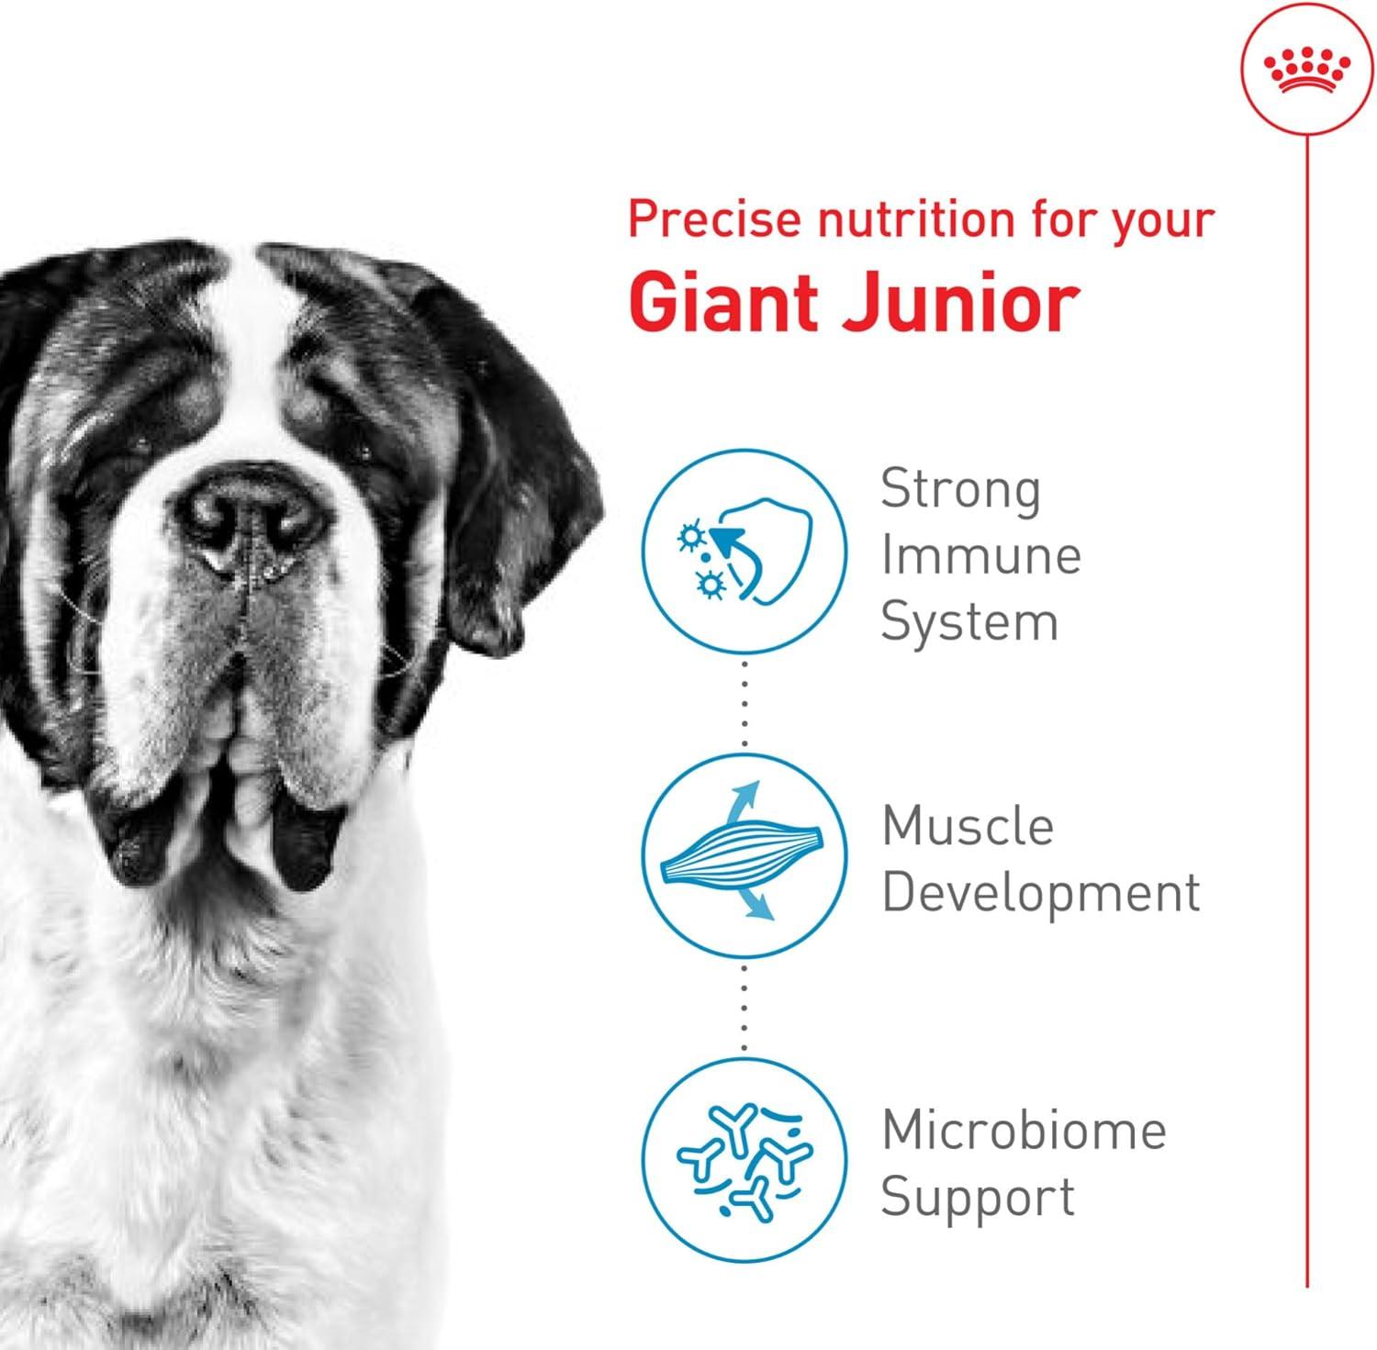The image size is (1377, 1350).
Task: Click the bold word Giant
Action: click(x=729, y=302)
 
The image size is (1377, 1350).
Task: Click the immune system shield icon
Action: click(x=744, y=551)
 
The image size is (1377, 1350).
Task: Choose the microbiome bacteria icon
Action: click(x=744, y=1159)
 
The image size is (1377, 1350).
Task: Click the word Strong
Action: click(x=961, y=490)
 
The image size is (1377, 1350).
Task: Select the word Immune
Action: click(x=980, y=555)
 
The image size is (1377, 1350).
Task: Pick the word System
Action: click(x=969, y=622)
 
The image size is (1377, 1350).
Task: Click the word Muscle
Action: click(x=968, y=825)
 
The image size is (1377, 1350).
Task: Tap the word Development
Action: click(x=1041, y=891)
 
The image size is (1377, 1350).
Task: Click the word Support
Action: click(x=978, y=1198)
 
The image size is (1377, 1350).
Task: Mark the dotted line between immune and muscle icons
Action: click(x=744, y=703)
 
